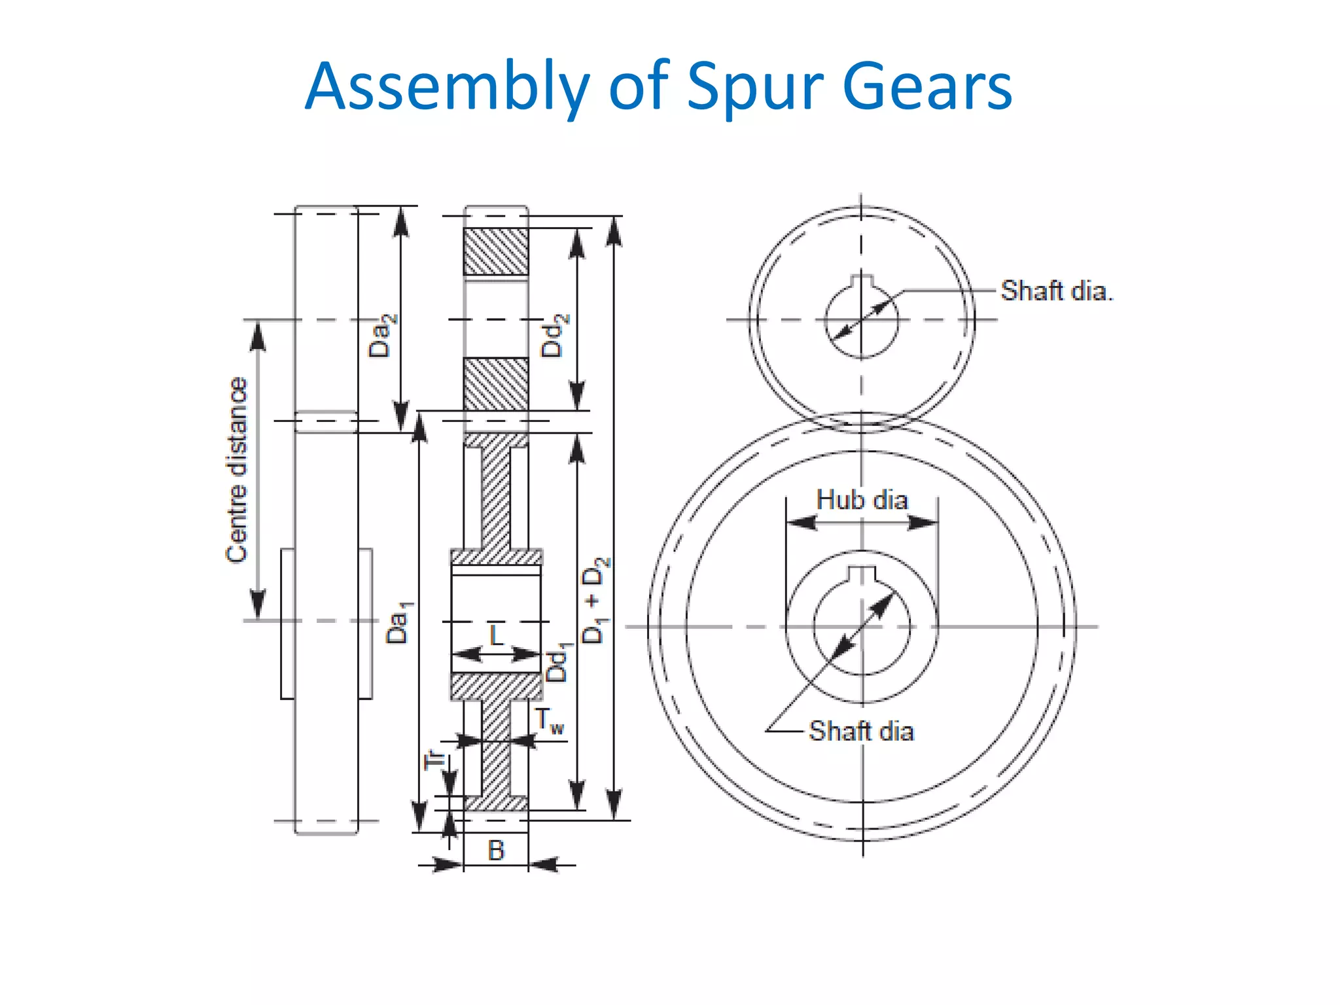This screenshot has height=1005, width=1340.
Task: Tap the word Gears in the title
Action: click(x=927, y=86)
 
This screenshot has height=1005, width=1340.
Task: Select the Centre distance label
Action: click(x=237, y=470)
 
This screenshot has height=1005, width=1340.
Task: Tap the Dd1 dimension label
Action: click(x=558, y=662)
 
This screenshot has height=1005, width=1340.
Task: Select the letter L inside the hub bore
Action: click(x=497, y=635)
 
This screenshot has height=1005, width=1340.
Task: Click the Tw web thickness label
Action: click(x=548, y=721)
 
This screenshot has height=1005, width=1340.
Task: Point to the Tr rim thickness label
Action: click(x=434, y=760)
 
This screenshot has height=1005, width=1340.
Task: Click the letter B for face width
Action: click(x=496, y=851)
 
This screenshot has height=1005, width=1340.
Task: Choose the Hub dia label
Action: click(x=862, y=501)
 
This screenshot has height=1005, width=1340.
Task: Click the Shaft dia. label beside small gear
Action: click(x=1056, y=291)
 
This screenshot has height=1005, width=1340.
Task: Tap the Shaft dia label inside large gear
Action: click(x=861, y=731)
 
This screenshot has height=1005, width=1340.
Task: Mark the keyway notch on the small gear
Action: click(x=862, y=282)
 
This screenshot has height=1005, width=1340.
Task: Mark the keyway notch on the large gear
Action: click(x=862, y=574)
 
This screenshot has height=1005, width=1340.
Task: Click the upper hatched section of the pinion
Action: click(x=496, y=251)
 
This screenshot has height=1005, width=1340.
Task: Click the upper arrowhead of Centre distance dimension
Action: click(x=258, y=335)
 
